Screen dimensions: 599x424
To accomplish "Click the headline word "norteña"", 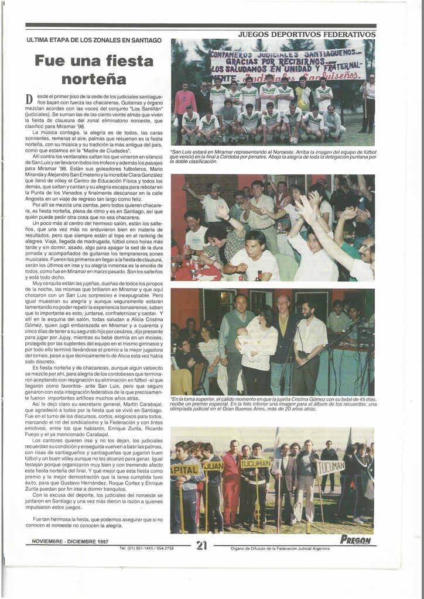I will pyautogui.click(x=94, y=78).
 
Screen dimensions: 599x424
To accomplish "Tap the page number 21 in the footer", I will pyautogui.click(x=202, y=545).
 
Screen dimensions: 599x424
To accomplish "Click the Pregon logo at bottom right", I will pyautogui.click(x=355, y=539).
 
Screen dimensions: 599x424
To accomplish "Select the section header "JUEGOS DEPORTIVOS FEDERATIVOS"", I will pyautogui.click(x=306, y=35).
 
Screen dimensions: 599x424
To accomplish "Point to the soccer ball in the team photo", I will pyautogui.click(x=293, y=140).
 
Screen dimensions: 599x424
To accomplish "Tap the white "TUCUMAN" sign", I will pyautogui.click(x=331, y=467).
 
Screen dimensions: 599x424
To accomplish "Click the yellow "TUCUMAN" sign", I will pyautogui.click(x=255, y=463).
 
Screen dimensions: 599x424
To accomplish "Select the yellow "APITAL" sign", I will pyautogui.click(x=184, y=469).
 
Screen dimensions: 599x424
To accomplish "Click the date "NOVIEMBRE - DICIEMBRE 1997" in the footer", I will pyautogui.click(x=70, y=542).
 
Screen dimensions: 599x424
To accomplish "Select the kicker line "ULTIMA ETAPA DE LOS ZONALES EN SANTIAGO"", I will pyautogui.click(x=94, y=40).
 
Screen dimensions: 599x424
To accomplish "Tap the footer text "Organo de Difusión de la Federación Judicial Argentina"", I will pyautogui.click(x=272, y=549).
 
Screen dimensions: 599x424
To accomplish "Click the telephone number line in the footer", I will pyautogui.click(x=146, y=548).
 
